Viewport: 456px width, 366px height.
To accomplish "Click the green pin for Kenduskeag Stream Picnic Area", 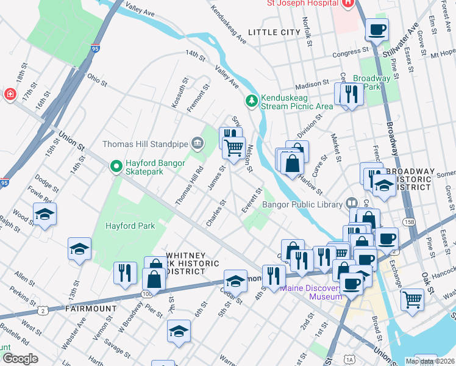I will click(251, 100).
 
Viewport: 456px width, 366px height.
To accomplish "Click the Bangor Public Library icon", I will click(352, 203).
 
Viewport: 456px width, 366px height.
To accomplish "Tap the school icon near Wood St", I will click(45, 214).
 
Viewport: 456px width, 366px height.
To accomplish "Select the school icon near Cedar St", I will click(235, 280).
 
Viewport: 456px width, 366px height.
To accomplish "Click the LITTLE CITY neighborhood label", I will click(274, 32).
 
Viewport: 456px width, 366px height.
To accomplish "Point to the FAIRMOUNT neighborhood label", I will click(90, 309).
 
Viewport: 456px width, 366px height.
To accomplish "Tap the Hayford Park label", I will click(129, 226).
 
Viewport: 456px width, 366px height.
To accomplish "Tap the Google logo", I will click(20, 359).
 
